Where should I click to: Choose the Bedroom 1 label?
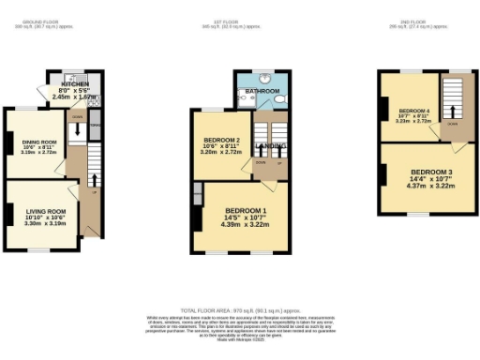246,210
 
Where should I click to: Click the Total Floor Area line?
240,308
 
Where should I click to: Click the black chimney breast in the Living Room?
8,214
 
